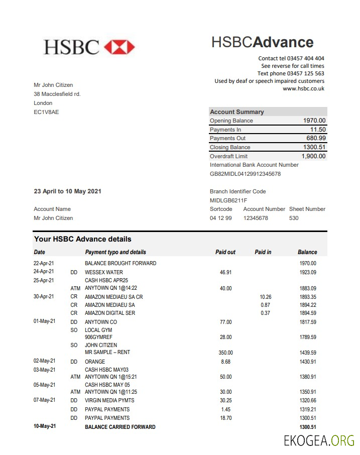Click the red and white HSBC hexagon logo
(x=119, y=47)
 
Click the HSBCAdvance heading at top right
(x=262, y=42)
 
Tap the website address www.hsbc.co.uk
(x=303, y=88)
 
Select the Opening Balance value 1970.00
(x=314, y=121)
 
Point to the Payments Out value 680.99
(x=316, y=138)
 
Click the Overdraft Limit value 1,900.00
(x=313, y=156)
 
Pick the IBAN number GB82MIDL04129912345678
(x=245, y=174)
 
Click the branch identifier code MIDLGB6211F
(x=228, y=200)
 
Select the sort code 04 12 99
(x=221, y=218)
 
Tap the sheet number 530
(x=294, y=218)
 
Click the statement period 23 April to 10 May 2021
(x=67, y=191)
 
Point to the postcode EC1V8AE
(x=46, y=112)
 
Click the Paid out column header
(x=225, y=252)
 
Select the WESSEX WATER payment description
(x=103, y=272)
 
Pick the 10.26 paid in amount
(x=266, y=297)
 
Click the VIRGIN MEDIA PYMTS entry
(x=109, y=400)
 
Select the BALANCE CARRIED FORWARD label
(x=120, y=427)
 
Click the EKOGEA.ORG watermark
(x=318, y=441)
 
